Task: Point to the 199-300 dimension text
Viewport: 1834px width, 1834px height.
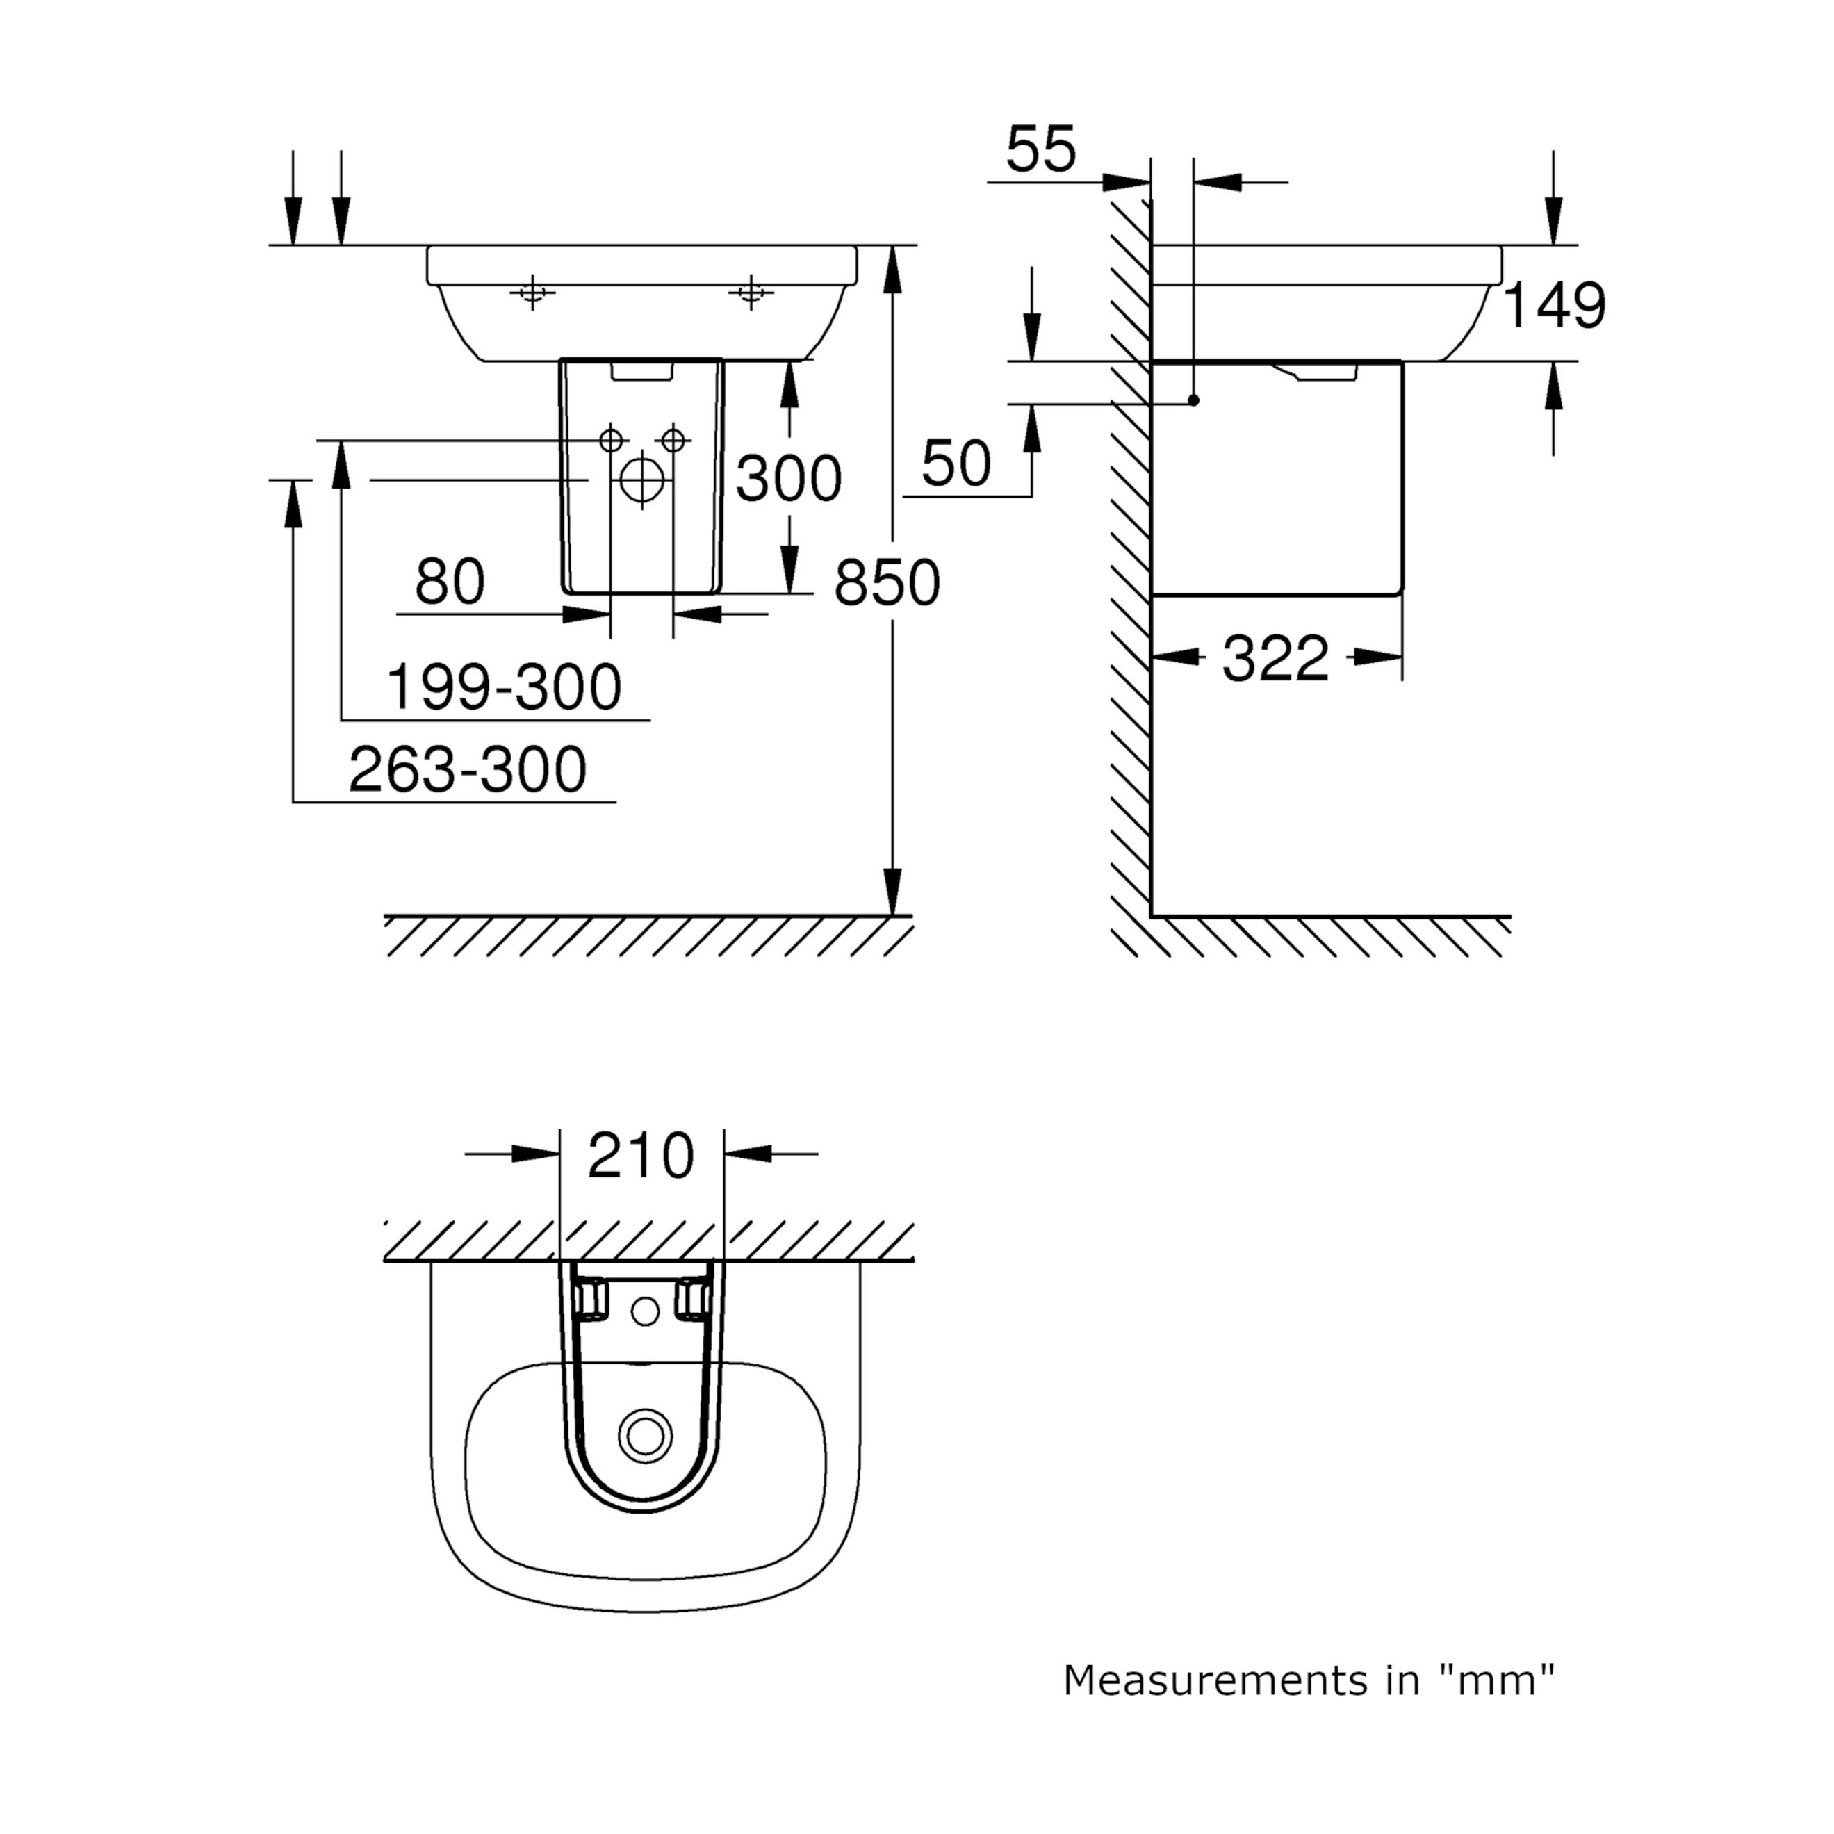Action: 504,687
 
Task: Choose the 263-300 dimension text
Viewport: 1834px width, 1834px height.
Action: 467,770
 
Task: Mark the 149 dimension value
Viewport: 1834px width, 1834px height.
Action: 1554,306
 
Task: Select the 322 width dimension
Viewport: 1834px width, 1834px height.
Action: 1275,659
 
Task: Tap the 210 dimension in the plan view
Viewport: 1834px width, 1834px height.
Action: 641,1156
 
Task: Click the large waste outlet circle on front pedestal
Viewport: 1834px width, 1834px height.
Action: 641,480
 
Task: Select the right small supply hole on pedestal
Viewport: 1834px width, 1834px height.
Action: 673,441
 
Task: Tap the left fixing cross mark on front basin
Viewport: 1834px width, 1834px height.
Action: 532,293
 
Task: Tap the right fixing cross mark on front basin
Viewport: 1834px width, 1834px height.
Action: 751,293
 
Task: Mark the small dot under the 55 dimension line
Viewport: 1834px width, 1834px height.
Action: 1193,400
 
